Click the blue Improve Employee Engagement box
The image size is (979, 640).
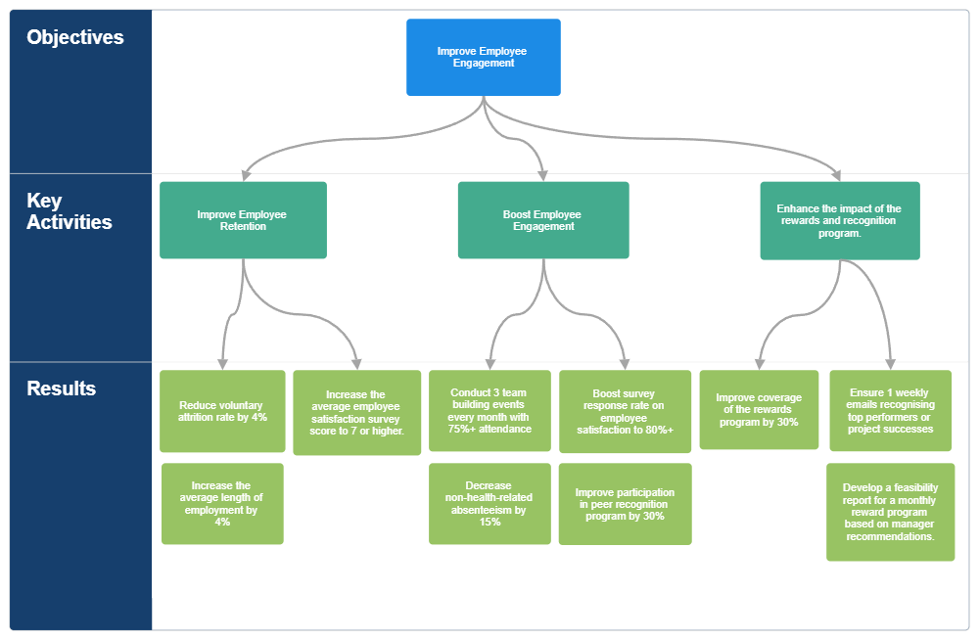tap(484, 57)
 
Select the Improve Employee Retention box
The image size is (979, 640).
tap(243, 220)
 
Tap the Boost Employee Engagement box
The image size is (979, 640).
tap(543, 220)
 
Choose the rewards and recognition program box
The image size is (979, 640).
tap(840, 221)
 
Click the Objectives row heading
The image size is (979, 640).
tap(75, 37)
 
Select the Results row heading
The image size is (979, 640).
tap(61, 389)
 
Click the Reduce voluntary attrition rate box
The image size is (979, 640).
tap(222, 411)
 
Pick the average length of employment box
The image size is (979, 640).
tap(222, 504)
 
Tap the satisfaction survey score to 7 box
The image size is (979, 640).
tap(356, 413)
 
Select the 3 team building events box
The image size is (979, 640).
tap(489, 411)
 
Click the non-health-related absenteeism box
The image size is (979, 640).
tap(489, 504)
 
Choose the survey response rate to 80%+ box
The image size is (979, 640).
tap(625, 412)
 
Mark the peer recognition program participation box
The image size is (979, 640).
tap(625, 504)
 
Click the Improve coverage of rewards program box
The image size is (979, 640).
tap(759, 410)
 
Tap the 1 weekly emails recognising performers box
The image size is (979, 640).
tap(891, 411)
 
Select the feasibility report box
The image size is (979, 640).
tap(890, 512)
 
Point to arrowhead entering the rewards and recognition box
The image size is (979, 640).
tap(837, 175)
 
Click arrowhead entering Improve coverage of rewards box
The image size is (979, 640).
tap(760, 363)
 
